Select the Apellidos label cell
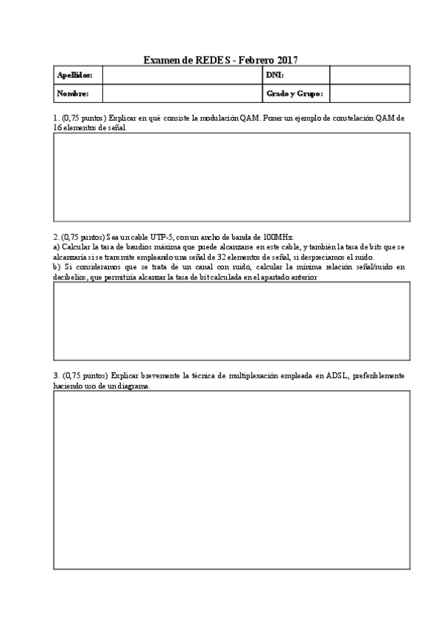[x=77, y=75]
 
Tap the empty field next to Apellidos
[x=182, y=75]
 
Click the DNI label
[x=275, y=75]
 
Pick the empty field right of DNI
[x=369, y=75]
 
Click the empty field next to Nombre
[x=182, y=93]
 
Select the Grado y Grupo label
[x=295, y=93]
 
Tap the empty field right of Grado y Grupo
[x=369, y=93]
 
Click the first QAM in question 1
[x=248, y=118]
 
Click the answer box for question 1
[x=231, y=177]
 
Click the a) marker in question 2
[x=57, y=247]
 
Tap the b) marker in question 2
[x=57, y=267]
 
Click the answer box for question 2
[x=231, y=320]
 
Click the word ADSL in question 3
[x=331, y=375]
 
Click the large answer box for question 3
[x=231, y=479]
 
